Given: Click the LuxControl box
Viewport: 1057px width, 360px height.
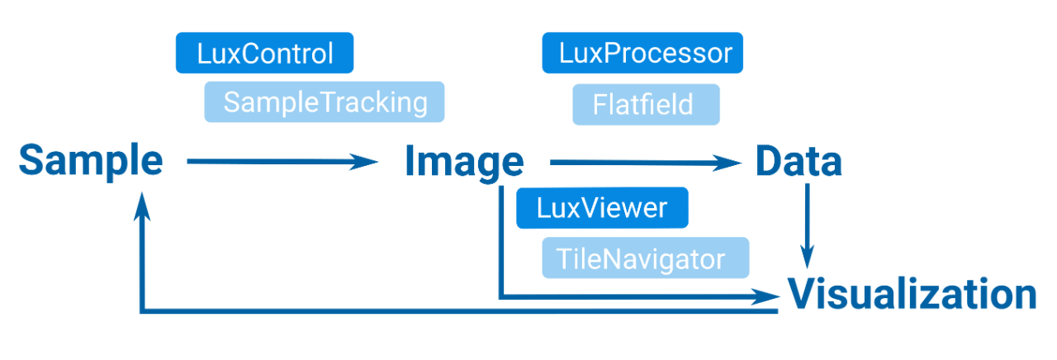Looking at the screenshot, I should (265, 54).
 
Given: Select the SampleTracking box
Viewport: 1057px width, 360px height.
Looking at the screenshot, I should (325, 102).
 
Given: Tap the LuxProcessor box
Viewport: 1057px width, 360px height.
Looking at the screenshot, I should (643, 54).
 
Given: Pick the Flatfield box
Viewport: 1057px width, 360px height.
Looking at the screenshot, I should (646, 105).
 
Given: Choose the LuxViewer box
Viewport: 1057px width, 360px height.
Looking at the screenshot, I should (601, 207).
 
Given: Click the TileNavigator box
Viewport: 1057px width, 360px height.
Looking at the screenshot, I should (645, 258).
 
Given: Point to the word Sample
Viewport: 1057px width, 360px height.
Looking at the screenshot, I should (91, 161).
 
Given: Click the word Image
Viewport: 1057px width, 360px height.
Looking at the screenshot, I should (463, 163).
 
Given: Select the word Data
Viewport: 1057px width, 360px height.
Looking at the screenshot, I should (798, 163).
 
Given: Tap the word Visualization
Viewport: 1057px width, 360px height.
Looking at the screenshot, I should (912, 295).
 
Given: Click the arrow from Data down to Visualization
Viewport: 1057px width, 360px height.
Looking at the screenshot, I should (808, 223).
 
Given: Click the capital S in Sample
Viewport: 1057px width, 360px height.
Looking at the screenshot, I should (31, 161).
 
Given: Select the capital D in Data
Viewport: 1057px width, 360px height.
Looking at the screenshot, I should (768, 163).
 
